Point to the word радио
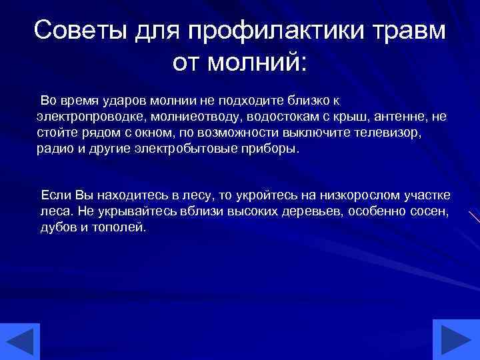tap(54, 149)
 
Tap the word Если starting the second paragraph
tap(56, 195)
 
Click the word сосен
tap(430, 211)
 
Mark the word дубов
tap(59, 227)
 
